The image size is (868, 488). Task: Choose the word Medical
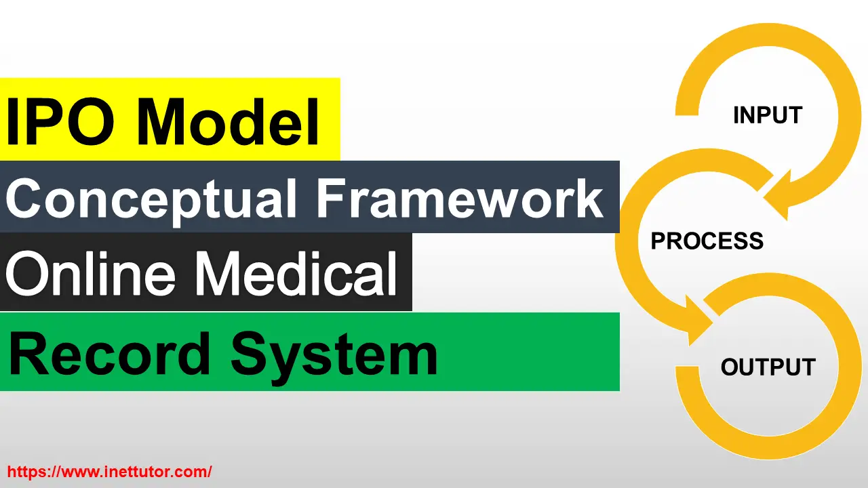tap(298, 273)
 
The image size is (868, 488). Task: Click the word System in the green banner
tap(333, 355)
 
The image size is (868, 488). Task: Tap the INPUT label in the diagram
tap(768, 115)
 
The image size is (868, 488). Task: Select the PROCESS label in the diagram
tap(707, 241)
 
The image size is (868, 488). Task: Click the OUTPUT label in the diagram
tap(768, 367)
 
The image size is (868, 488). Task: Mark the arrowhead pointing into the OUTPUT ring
tap(698, 325)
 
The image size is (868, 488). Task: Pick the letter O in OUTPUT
tap(730, 367)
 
